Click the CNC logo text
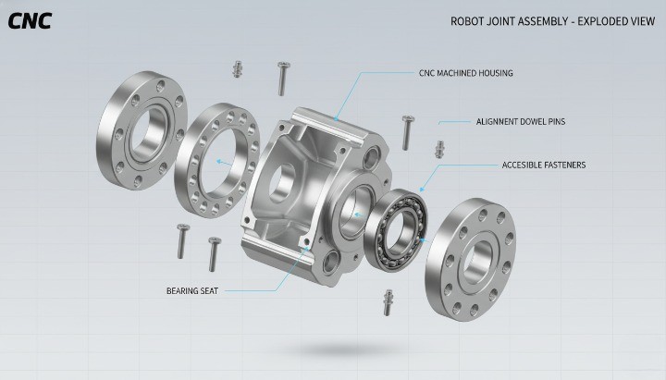click(x=30, y=21)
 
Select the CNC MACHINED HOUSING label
click(x=465, y=72)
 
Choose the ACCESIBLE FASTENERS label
click(x=543, y=165)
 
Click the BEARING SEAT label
click(x=193, y=290)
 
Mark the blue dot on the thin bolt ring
click(x=218, y=161)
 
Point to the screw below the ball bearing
click(x=388, y=301)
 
